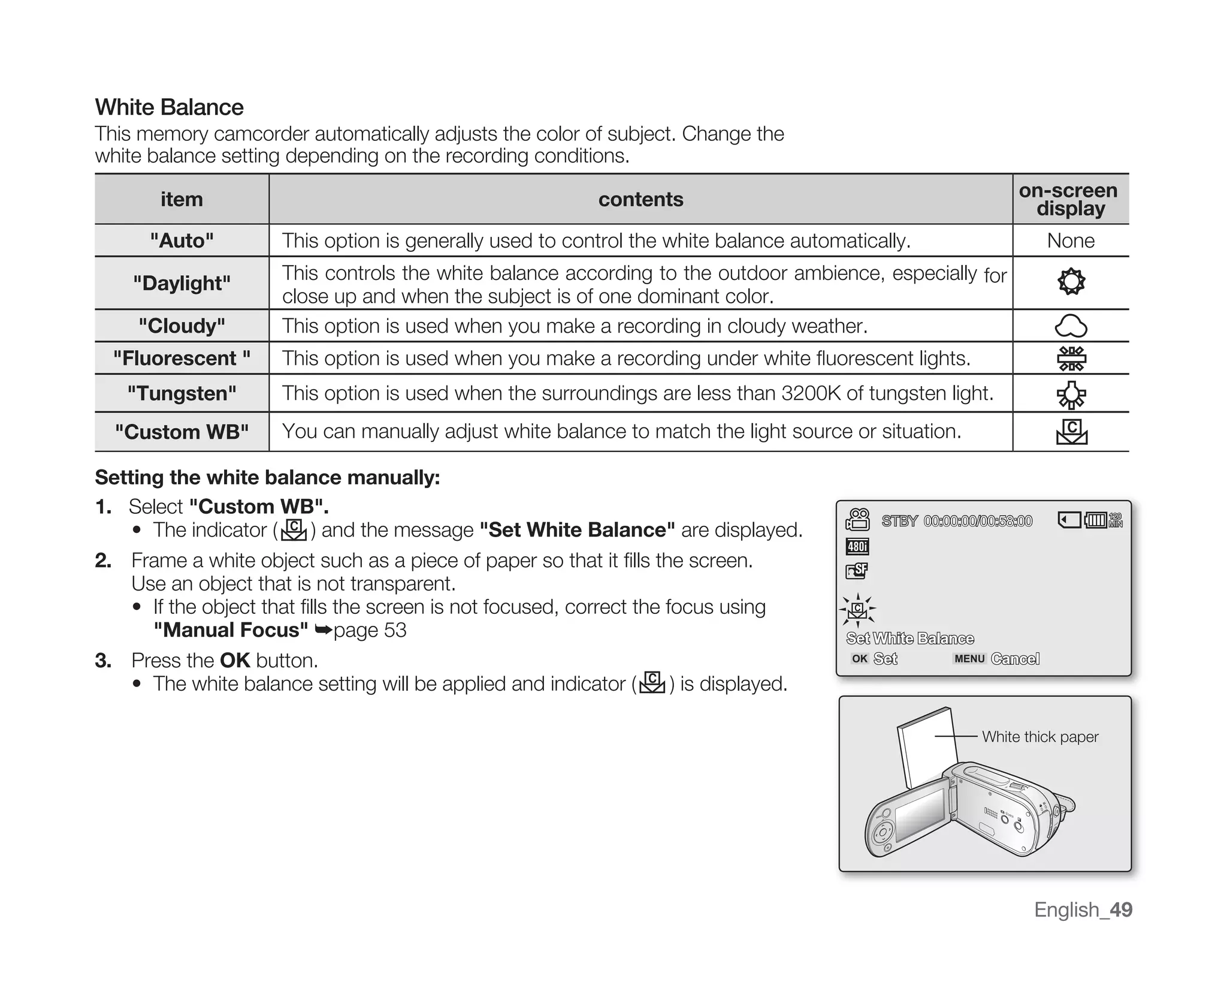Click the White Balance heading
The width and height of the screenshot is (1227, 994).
coord(169,107)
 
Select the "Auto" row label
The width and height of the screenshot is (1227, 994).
coord(182,240)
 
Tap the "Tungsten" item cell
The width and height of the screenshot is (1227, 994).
coord(182,393)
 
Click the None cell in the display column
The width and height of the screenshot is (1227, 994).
coord(1070,240)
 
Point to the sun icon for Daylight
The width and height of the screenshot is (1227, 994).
coord(1071,282)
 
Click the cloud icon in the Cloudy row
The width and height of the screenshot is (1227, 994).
coord(1071,326)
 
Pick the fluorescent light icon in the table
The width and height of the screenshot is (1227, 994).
coord(1071,359)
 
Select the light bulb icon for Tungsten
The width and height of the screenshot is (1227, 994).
coord(1071,394)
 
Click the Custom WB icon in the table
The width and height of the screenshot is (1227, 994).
coord(1071,432)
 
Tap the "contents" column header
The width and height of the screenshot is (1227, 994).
coord(640,199)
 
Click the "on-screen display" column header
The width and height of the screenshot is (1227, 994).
coord(1070,199)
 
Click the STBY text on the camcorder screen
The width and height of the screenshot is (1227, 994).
coord(899,521)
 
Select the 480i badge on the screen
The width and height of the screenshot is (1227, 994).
coord(857,546)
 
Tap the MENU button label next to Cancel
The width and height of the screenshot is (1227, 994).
coord(969,658)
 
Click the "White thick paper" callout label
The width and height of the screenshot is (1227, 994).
coord(1039,736)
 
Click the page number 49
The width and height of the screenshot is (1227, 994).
coord(1120,909)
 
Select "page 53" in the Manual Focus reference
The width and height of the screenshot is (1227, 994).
coord(370,630)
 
